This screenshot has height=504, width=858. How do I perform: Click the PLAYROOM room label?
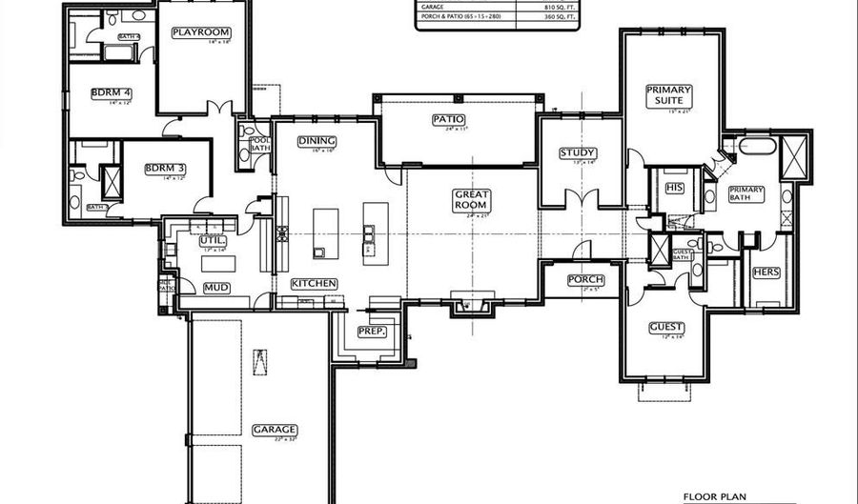tap(201, 32)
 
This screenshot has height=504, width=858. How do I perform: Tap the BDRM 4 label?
tap(112, 92)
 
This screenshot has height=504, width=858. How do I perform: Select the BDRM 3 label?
tap(164, 169)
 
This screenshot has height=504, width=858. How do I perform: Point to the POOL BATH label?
tap(259, 145)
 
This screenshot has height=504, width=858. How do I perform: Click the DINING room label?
tap(317, 142)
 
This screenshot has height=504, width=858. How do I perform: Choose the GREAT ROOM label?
tap(471, 199)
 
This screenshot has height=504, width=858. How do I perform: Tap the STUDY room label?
tap(578, 152)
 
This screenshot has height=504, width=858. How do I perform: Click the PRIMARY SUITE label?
tap(668, 95)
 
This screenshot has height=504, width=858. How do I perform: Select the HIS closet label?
tap(675, 188)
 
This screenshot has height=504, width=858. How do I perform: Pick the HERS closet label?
tap(766, 272)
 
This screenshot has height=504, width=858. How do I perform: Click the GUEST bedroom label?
tap(666, 327)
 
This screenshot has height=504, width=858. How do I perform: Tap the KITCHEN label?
tap(314, 284)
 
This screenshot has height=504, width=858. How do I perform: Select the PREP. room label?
tap(371, 331)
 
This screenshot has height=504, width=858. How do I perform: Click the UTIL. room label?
tap(211, 242)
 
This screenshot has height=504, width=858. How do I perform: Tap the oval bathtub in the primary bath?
tap(757, 149)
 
